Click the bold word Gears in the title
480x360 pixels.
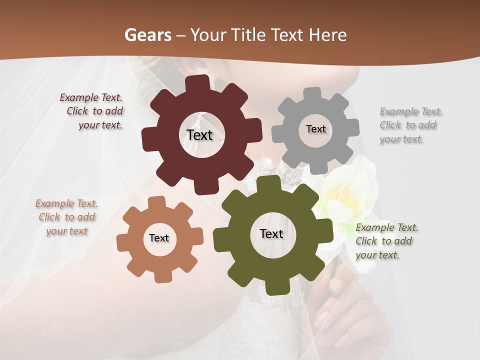[148, 35]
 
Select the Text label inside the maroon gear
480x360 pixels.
[199, 135]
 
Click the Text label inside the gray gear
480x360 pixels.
[315, 129]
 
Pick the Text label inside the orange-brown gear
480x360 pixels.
[159, 238]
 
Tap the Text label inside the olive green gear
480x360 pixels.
[271, 233]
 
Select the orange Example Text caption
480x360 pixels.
[66, 217]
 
